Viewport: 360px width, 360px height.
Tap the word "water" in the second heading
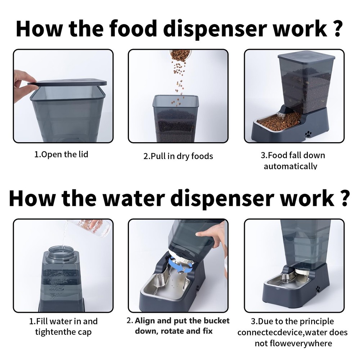(134, 198)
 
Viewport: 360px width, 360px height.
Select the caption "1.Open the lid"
(61, 154)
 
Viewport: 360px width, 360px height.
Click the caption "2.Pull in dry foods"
(178, 156)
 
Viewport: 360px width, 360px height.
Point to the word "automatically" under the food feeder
(291, 166)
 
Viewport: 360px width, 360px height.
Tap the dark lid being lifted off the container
(67, 82)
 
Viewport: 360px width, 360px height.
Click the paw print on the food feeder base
(308, 133)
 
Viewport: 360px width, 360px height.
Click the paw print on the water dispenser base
(318, 289)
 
